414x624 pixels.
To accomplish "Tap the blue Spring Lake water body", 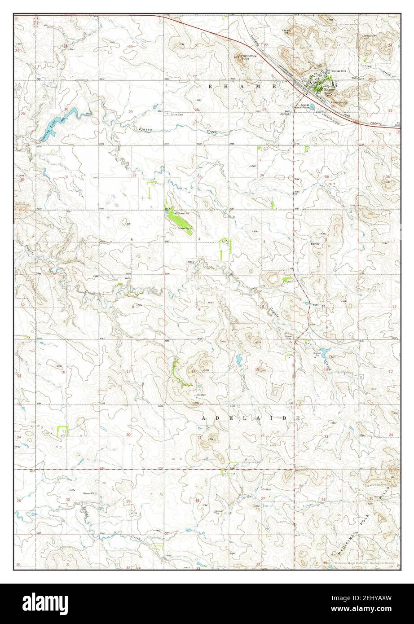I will (67, 116).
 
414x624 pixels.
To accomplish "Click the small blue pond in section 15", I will (239, 359).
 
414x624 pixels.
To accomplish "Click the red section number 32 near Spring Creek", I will (134, 175).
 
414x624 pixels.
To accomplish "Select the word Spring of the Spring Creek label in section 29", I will (145, 129).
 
